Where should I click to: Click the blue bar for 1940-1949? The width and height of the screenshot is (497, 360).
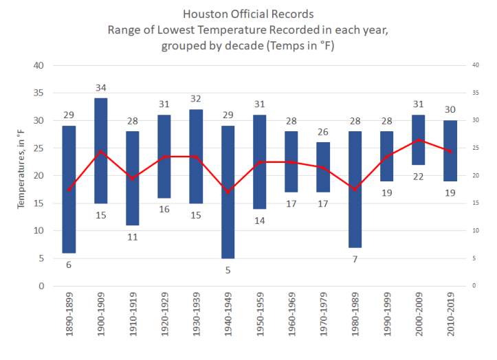(228, 192)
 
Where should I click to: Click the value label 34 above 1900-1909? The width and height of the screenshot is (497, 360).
(101, 87)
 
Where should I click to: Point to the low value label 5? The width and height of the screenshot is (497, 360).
(228, 270)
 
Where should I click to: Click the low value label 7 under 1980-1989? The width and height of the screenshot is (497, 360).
(355, 259)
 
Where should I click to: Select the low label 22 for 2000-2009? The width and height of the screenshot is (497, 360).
(419, 177)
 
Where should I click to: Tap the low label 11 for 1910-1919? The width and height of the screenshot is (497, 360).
(133, 237)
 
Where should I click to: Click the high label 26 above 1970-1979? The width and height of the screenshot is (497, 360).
(323, 131)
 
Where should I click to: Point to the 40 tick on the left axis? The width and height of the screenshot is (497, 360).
(38, 66)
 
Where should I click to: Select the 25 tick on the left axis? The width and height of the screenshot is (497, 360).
(38, 148)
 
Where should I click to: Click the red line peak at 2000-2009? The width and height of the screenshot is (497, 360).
(419, 140)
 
